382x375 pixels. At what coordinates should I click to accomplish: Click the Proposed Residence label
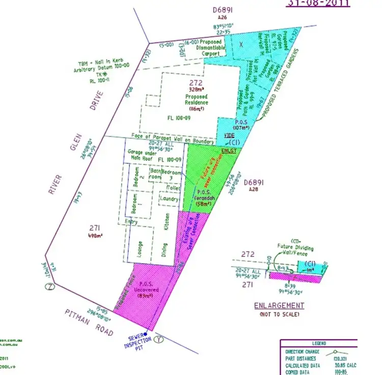pos(196,100)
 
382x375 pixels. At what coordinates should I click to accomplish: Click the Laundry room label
pos(169,199)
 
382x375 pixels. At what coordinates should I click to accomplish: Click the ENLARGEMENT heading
pos(279,306)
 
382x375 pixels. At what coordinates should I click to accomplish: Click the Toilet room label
pos(173,188)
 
